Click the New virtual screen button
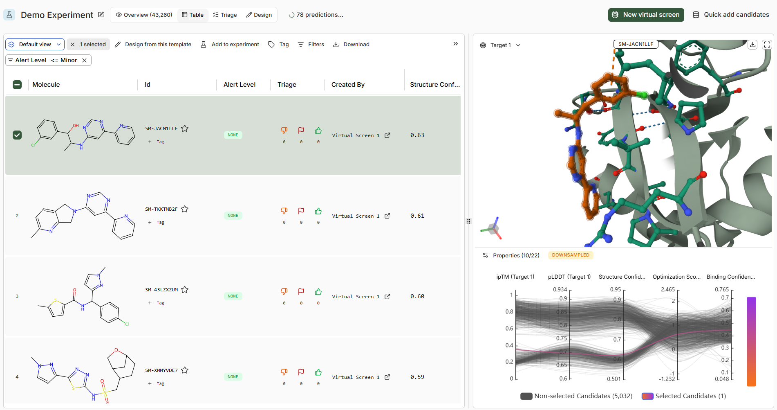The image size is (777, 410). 646,15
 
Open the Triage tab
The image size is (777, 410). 225,15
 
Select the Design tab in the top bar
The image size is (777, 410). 259,15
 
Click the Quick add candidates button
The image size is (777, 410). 731,15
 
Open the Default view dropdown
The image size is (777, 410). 35,44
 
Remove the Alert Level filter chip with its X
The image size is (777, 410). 84,60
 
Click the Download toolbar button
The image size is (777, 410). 351,44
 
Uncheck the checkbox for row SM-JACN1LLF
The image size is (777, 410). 17,135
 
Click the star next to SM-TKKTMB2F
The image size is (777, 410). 185,209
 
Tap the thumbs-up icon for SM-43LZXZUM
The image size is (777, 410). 318,292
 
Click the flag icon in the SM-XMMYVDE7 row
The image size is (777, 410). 301,372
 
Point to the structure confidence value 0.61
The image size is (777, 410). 417,216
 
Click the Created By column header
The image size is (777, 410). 348,85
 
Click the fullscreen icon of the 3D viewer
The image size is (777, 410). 767,45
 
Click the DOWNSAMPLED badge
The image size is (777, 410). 571,255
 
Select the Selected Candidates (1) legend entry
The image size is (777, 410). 684,396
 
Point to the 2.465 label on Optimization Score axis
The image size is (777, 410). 668,289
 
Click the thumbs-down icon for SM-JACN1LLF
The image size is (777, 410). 284,131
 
